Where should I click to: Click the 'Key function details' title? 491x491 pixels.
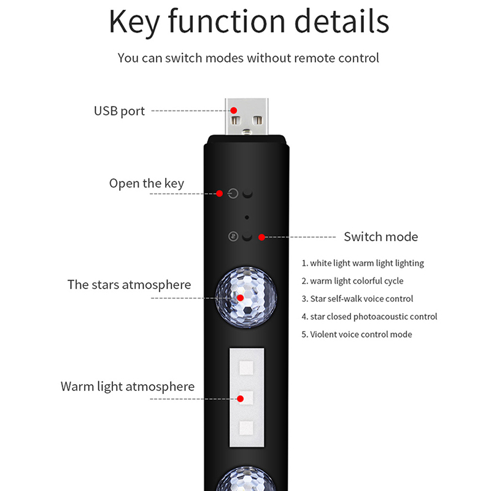pyautogui.click(x=249, y=21)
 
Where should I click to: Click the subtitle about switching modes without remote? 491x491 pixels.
pyautogui.click(x=248, y=58)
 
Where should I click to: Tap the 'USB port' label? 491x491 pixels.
pyautogui.click(x=119, y=111)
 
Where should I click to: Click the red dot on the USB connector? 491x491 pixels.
pyautogui.click(x=234, y=110)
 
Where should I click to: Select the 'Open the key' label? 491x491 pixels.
pyautogui.click(x=146, y=184)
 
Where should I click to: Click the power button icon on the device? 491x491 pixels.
pyautogui.click(x=232, y=194)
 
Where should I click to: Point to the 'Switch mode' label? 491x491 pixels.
pyautogui.click(x=381, y=237)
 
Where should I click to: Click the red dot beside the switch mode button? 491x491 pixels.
pyautogui.click(x=261, y=237)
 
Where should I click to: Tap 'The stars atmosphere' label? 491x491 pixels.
pyautogui.click(x=129, y=285)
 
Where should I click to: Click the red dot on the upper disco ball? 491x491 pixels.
pyautogui.click(x=241, y=298)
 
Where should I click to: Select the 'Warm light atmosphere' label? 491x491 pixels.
pyautogui.click(x=127, y=387)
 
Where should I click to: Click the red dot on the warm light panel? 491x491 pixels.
pyautogui.click(x=241, y=398)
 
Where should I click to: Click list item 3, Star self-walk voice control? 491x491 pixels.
pyautogui.click(x=357, y=299)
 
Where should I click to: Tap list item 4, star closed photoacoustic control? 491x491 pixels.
pyautogui.click(x=369, y=317)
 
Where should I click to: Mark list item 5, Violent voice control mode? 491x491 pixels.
pyautogui.click(x=357, y=334)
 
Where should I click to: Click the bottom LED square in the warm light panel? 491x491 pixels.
pyautogui.click(x=246, y=428)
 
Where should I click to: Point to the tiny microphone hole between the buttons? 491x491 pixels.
pyautogui.click(x=246, y=217)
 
